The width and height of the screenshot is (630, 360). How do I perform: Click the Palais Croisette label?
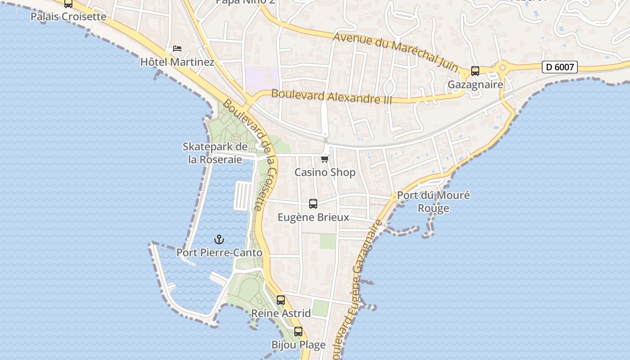coord(68,17)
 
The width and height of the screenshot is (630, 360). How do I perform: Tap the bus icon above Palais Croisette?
coord(68,4)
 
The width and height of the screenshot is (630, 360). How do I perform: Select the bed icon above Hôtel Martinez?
coord(177,49)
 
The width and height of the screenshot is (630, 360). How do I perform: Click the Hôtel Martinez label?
coord(177,62)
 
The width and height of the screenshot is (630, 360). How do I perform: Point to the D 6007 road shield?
coord(559,67)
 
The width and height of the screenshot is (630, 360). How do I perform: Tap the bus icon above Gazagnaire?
coord(475,71)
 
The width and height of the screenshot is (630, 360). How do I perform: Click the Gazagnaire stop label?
coord(475,85)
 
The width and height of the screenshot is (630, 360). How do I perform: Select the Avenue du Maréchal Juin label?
coord(396,51)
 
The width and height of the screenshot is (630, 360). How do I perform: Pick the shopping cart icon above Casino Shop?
coord(325,159)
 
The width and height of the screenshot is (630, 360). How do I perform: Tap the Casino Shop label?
coord(325,172)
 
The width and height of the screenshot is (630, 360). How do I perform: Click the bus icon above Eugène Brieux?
coord(313,204)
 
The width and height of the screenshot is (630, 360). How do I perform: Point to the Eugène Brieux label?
coord(313,217)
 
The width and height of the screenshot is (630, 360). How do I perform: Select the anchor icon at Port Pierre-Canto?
coord(219,239)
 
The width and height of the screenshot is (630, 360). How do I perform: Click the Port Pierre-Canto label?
coord(219,253)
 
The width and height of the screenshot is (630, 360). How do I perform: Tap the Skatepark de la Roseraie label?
coord(215,153)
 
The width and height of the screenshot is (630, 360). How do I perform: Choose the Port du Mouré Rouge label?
coord(433,202)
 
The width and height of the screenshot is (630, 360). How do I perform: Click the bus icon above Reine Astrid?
coord(281,300)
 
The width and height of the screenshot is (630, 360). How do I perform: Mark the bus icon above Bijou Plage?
coord(298,332)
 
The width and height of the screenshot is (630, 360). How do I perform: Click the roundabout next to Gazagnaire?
coord(503,68)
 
